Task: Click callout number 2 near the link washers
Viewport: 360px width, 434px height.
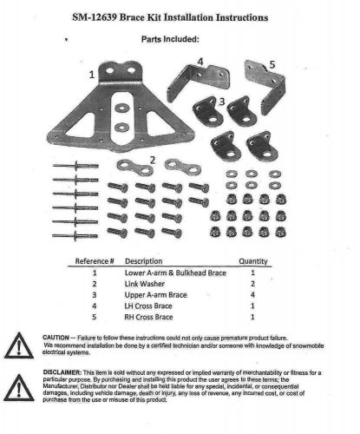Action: (x=153, y=160)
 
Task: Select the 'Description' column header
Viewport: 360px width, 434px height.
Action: (x=144, y=259)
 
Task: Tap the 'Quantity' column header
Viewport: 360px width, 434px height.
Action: (x=254, y=259)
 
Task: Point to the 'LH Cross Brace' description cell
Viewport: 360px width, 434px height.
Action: (x=151, y=306)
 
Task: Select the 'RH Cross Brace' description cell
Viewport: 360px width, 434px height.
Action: (x=151, y=317)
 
